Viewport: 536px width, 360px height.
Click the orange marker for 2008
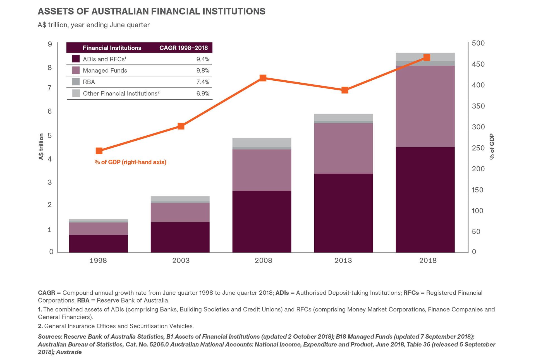[x=263, y=78]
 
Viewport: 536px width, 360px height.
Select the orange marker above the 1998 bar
[x=99, y=151]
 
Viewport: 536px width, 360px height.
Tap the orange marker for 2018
[x=427, y=57]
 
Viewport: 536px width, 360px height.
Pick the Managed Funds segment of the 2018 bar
[x=425, y=106]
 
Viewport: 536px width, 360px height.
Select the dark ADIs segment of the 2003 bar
[x=180, y=237]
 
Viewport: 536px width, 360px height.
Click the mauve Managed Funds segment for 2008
[x=262, y=170]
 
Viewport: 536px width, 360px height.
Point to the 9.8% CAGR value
[x=202, y=71]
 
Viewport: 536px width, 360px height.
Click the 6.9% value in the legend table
[x=202, y=93]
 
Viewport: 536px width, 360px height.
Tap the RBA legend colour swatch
[x=76, y=82]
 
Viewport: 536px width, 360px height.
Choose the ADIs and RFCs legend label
[x=104, y=59]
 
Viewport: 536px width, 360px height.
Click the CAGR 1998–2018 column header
[x=183, y=48]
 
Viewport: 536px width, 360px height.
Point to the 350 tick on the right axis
[x=478, y=106]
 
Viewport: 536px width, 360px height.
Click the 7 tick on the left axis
[x=50, y=88]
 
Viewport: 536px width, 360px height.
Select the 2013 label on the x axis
[x=343, y=261]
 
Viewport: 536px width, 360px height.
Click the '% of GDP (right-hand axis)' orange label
[x=130, y=162]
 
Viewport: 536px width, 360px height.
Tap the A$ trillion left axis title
[x=41, y=147]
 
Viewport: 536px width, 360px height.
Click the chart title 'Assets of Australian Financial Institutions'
[x=151, y=11]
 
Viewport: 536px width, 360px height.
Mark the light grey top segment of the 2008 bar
[x=262, y=142]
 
